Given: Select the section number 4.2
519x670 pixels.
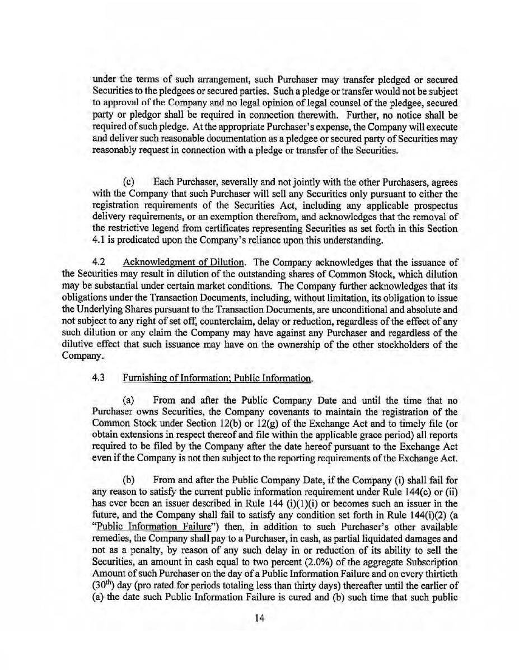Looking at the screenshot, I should pyautogui.click(x=99, y=263).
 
